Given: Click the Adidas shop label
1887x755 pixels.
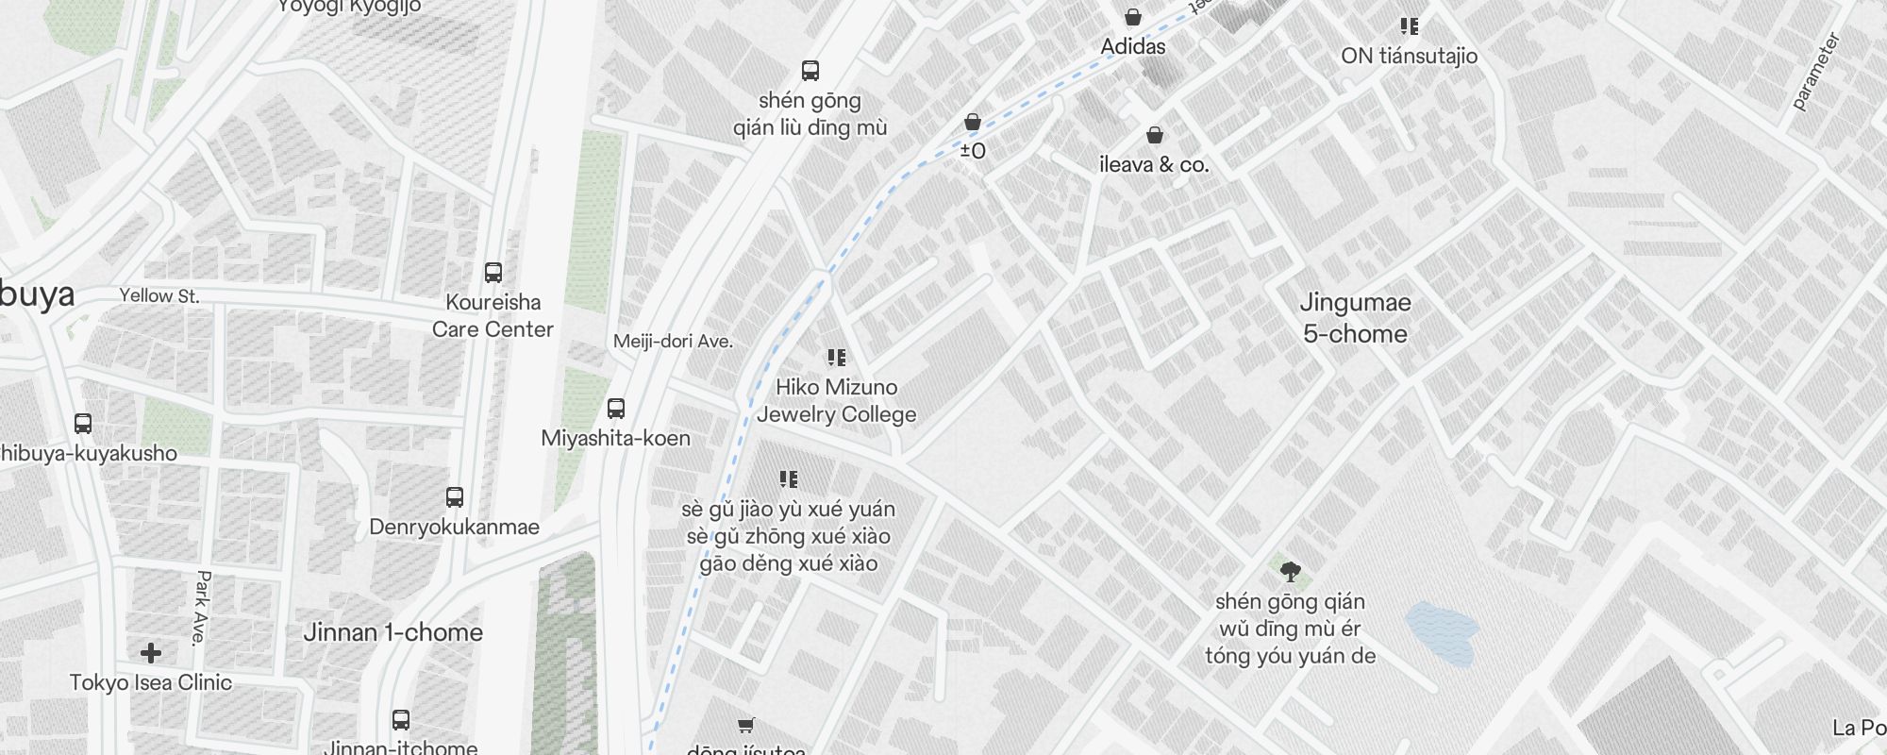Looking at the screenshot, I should click(1133, 46).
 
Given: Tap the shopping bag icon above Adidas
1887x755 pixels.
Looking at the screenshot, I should click(1133, 17).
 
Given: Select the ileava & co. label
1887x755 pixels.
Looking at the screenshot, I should click(1154, 164).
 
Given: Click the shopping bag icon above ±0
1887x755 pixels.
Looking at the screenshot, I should click(973, 122).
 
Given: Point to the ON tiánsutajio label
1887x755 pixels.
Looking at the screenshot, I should click(1409, 56).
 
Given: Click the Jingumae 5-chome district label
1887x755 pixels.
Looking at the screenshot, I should click(1355, 318).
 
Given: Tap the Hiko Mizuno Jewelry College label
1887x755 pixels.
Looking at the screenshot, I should click(836, 400).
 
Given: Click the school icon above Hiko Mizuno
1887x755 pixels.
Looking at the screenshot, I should click(836, 358).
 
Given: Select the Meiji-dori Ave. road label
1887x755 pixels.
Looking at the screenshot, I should click(673, 342).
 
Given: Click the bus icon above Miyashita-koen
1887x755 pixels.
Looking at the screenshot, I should click(616, 409).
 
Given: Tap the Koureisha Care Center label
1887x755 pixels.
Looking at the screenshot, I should click(493, 315).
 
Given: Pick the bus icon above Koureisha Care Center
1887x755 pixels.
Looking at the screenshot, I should click(493, 273).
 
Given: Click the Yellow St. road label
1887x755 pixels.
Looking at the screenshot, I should click(159, 295).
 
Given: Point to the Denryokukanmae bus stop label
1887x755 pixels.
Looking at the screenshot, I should click(454, 527).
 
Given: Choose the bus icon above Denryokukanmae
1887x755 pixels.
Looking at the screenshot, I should click(455, 497).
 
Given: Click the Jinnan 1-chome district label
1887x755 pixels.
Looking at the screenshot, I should click(392, 632).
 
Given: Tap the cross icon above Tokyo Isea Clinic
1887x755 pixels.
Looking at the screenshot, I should click(151, 652).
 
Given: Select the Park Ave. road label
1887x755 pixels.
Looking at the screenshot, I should click(201, 607).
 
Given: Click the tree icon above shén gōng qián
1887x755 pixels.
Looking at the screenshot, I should click(1290, 571).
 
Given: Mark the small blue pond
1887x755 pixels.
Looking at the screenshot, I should click(1442, 633).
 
